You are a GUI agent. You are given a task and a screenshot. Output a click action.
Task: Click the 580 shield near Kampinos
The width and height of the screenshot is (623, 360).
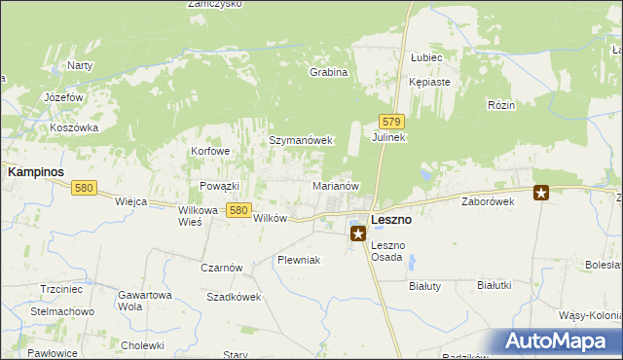click(84, 188)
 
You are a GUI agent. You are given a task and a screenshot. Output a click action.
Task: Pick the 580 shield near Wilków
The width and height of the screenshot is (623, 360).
click(238, 209)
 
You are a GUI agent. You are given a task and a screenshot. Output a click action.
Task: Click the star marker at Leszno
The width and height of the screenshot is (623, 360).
click(358, 234)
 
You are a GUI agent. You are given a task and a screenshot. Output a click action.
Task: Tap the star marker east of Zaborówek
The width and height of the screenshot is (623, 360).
click(541, 193)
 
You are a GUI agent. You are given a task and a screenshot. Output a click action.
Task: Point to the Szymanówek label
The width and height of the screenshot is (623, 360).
click(301, 140)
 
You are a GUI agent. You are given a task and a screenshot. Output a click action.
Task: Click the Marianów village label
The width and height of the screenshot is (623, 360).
click(337, 185)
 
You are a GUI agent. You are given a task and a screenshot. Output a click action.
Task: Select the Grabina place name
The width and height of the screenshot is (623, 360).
click(328, 72)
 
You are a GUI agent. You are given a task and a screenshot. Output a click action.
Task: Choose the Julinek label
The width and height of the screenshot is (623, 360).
click(388, 138)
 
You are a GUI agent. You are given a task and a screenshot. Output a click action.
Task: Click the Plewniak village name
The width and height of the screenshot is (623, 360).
click(298, 260)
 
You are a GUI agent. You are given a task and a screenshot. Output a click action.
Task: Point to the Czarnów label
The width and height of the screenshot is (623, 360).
click(221, 268)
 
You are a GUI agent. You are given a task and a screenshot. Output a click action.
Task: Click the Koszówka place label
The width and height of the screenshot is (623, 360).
click(74, 127)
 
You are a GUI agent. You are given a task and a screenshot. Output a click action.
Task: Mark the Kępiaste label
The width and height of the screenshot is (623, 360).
click(429, 82)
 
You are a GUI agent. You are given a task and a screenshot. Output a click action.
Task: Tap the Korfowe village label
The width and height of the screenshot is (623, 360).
click(210, 152)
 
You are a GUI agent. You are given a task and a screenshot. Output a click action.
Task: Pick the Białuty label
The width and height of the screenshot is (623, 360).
click(423, 285)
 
